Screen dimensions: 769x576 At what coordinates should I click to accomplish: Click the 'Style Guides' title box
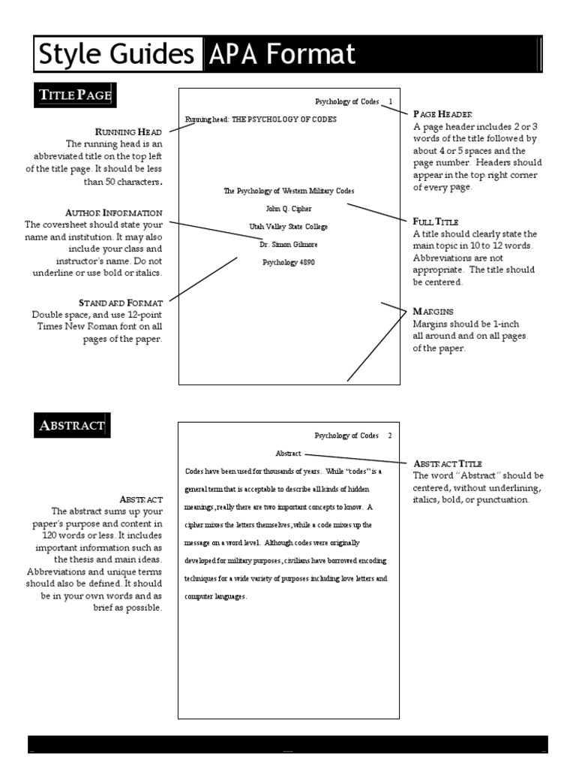[118, 54]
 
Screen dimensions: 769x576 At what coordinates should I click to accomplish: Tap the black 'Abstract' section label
[72, 426]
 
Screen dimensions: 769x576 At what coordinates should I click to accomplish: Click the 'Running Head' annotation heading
[128, 132]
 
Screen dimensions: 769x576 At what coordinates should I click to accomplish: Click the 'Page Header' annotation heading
[442, 114]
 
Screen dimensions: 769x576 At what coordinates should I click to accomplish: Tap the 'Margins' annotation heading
[433, 311]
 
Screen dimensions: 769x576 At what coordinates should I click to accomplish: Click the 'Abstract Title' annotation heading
[448, 463]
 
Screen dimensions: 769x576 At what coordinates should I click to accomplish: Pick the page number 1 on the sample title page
[391, 101]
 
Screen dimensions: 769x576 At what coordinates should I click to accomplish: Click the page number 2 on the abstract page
[390, 436]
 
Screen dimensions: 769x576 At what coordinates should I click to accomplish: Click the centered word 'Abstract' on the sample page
[288, 454]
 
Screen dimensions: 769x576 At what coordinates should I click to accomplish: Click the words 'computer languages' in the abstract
[215, 597]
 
